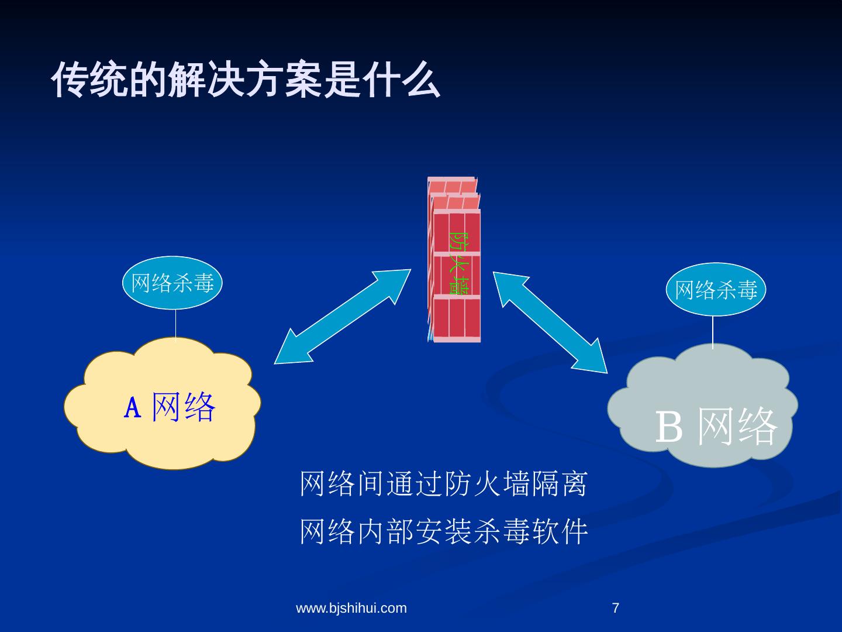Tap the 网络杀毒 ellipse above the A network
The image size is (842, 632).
172,283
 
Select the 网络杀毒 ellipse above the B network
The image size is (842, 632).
716,290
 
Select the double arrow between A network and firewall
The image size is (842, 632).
343,317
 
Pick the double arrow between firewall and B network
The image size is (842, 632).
550,321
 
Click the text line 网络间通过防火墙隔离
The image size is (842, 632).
443,484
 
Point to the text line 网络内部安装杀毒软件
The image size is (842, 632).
443,532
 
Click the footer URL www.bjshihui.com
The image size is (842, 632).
351,609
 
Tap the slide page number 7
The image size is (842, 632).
615,609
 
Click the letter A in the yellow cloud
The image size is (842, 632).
133,408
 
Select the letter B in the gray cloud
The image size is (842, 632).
669,427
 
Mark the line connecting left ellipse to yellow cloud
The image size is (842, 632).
176,324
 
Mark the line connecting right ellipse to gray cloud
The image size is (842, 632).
713,332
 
